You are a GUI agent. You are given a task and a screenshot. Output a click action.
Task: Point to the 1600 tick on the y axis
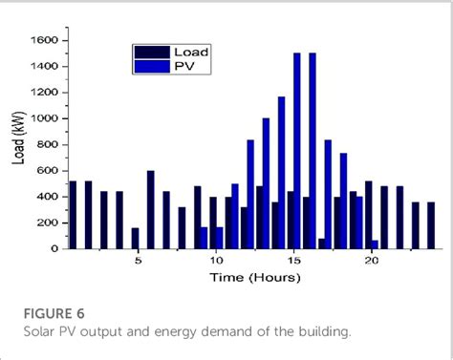tap(45, 40)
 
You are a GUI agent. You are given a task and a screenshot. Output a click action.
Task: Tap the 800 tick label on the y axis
tap(49, 144)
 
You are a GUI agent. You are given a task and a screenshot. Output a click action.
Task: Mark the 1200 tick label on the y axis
tap(45, 93)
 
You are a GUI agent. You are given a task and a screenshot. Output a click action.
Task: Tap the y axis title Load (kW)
tap(18, 144)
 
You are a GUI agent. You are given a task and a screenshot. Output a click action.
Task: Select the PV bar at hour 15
tap(297, 150)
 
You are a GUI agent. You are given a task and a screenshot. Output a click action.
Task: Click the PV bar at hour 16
tap(313, 150)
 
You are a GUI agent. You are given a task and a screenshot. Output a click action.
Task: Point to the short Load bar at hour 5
tap(135, 238)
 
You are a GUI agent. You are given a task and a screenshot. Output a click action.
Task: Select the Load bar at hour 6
tap(150, 209)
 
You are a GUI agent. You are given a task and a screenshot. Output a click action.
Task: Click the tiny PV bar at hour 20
tap(375, 244)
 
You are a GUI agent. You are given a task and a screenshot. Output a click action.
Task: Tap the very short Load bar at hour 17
tap(321, 244)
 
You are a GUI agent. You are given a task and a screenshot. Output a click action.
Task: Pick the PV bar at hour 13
tap(266, 183)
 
